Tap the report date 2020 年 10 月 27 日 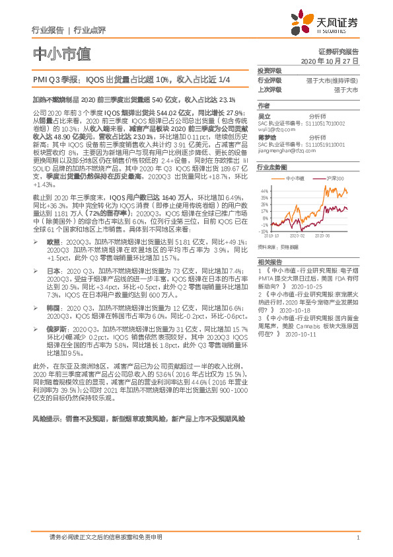(x=333, y=60)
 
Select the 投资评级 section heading (x=269, y=70)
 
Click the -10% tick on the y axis (x=264, y=232)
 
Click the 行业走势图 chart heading (x=271, y=168)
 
